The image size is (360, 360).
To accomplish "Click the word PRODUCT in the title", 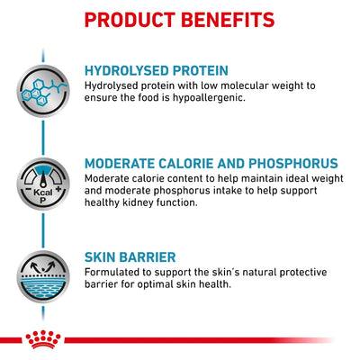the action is tap(130, 20).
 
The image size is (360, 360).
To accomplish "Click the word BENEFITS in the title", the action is tap(228, 20).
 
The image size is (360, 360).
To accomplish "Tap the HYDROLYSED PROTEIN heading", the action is tap(157, 70).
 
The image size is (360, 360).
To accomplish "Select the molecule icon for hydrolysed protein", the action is tap(43, 91).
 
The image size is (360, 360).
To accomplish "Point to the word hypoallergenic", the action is tap(209, 98).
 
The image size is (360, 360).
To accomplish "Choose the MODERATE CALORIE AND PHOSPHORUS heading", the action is tap(211, 164).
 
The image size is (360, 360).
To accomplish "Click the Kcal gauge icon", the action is tap(43, 184).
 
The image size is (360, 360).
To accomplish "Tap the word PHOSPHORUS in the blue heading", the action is tap(293, 164).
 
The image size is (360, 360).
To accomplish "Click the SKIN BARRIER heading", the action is tap(130, 257).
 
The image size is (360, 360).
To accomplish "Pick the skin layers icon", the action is tap(43, 276).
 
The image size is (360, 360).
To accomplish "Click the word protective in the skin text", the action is tap(303, 273).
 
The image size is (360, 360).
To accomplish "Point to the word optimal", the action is tap(157, 284).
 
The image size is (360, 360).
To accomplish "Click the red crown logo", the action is tap(43, 339).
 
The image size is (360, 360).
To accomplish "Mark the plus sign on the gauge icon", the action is tap(58, 189).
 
